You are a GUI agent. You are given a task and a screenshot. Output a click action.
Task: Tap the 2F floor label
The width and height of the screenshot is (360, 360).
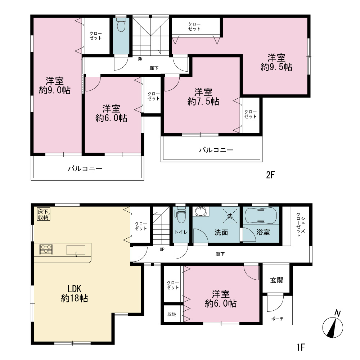tap(270, 175)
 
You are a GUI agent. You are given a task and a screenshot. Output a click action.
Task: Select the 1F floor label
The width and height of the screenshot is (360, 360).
tap(301, 347)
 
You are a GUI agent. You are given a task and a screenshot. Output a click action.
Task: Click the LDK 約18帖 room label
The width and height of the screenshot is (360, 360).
tap(75, 293)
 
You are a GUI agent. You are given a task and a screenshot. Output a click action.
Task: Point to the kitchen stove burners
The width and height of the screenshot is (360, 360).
tap(46, 249)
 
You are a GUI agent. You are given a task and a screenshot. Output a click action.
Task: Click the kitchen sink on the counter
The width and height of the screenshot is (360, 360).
tap(76, 250)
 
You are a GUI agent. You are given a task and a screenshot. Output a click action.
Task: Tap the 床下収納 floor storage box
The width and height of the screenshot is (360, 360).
tap(43, 214)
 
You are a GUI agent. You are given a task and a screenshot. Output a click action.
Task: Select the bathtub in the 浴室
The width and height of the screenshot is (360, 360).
tap(261, 215)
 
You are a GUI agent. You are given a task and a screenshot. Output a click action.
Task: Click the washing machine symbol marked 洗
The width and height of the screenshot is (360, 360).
tap(230, 216)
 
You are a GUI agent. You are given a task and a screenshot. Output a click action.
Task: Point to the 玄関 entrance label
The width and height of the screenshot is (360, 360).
tap(276, 280)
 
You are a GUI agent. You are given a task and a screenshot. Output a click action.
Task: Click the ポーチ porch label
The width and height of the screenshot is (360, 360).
tap(277, 319)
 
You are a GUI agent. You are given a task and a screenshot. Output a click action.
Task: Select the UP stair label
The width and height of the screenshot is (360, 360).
tap(162, 249)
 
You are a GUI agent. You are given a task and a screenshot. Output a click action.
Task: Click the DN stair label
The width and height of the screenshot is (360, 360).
tap(140, 59)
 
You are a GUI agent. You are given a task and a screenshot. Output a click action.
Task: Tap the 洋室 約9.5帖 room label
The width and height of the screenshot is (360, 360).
tap(276, 62)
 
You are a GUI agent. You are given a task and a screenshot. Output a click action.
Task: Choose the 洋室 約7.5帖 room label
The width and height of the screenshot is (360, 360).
tap(203, 96)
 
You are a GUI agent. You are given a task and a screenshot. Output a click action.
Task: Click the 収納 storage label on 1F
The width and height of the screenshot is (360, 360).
tap(171, 314)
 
